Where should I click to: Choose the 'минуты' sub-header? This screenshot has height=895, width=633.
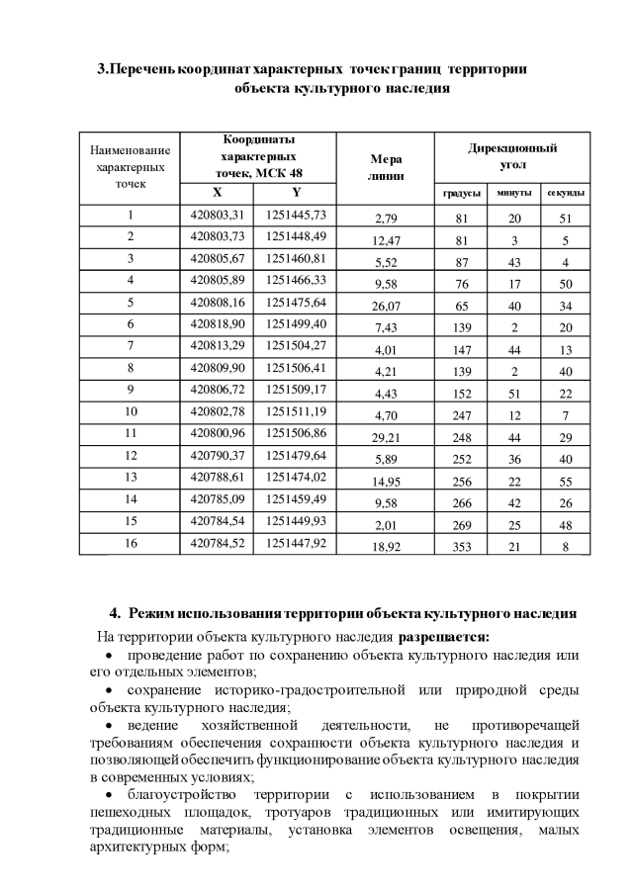pyautogui.click(x=513, y=193)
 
